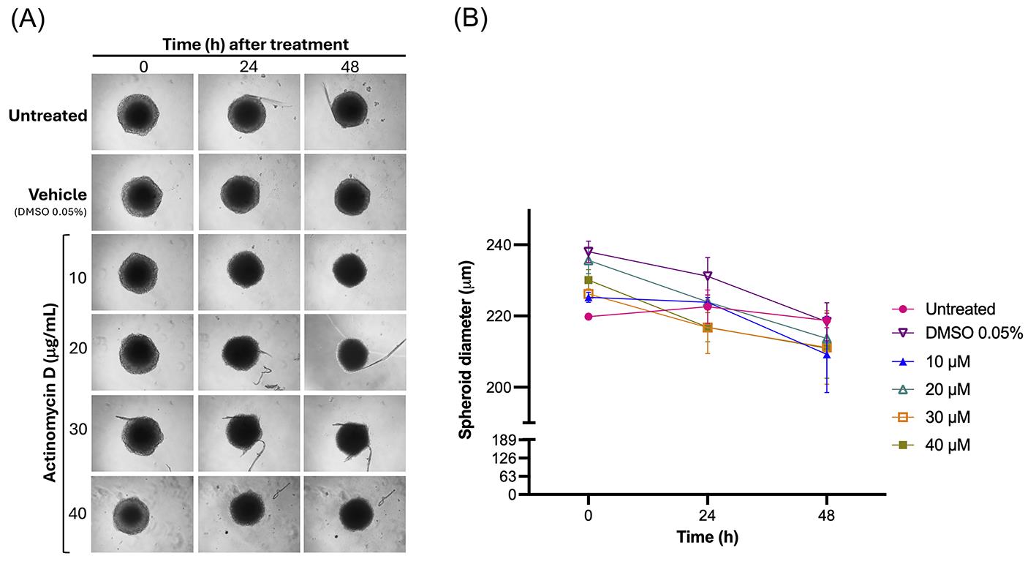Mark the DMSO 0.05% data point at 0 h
(x=589, y=252)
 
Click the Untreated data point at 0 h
(x=589, y=317)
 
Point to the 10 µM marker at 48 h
(x=827, y=354)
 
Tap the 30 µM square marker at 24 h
(x=708, y=328)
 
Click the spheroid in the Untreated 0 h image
(x=137, y=114)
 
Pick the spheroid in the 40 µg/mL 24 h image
(x=249, y=511)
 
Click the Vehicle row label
(x=57, y=194)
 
